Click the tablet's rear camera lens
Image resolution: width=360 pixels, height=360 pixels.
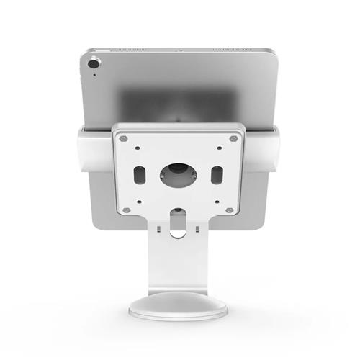click(93, 64)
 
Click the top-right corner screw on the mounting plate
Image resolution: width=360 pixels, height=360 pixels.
click(233, 138)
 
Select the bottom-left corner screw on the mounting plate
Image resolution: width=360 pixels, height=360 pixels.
click(126, 210)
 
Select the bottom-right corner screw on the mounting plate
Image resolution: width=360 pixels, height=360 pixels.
click(229, 210)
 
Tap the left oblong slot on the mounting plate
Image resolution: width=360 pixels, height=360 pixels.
click(138, 174)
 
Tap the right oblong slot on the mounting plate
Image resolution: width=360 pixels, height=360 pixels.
click(217, 174)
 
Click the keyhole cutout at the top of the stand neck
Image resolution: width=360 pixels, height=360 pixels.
click(178, 216)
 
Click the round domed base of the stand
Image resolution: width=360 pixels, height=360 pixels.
click(178, 306)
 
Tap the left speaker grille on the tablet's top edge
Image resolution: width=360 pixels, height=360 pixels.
click(130, 50)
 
